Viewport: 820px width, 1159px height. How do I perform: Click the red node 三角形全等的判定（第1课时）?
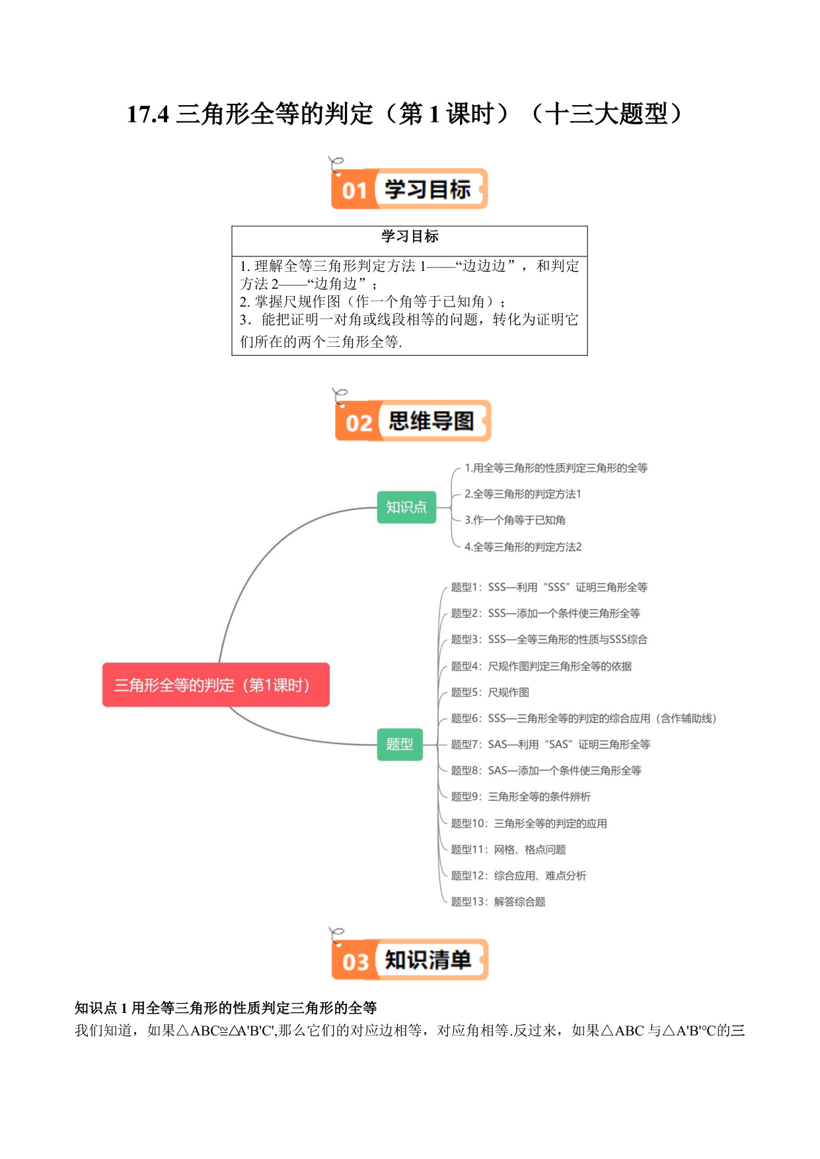215,685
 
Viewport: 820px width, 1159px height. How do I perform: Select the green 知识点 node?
406,507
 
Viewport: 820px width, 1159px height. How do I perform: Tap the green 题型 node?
400,744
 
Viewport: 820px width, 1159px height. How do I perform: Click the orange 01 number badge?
354,190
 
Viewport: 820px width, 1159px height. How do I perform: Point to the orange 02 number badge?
358,422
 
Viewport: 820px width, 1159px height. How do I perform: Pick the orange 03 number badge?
355,961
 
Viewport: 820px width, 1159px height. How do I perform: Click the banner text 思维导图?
431,421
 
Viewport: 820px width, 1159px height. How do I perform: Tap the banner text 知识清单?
428,959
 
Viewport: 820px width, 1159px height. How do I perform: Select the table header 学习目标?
410,236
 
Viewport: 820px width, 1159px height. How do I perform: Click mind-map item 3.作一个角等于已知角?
515,520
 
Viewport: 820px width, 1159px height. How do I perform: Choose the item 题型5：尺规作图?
490,692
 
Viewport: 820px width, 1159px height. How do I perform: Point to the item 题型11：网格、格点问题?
508,849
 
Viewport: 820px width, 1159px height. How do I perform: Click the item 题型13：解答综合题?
498,901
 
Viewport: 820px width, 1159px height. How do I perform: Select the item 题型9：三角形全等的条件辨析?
521,796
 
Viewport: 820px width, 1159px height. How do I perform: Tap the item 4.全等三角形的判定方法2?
523,546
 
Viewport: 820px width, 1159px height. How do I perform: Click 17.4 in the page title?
148,114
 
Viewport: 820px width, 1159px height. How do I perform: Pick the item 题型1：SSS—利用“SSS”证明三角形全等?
549,587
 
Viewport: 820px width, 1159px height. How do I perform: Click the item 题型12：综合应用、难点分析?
519,876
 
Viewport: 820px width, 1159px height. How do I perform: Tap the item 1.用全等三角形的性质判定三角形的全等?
556,468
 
